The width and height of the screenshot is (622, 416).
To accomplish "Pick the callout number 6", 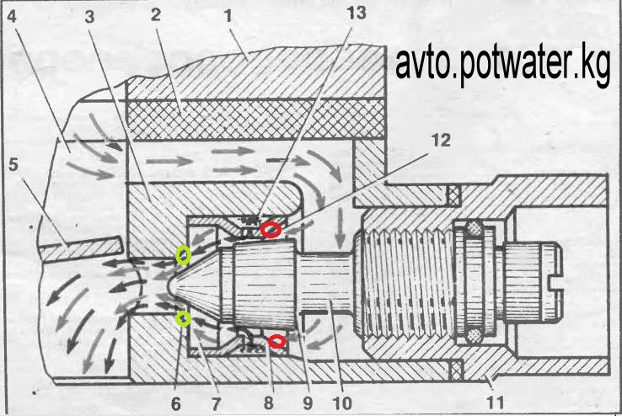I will pos(175,402).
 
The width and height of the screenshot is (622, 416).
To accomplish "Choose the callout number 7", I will pos(217,402).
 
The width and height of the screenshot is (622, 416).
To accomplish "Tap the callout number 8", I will pos(268,402).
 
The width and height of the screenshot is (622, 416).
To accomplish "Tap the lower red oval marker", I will pos(276,340).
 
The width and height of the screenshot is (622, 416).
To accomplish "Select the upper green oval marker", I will pos(182,253).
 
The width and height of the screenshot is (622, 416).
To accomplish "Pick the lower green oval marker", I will pos(182,317).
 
